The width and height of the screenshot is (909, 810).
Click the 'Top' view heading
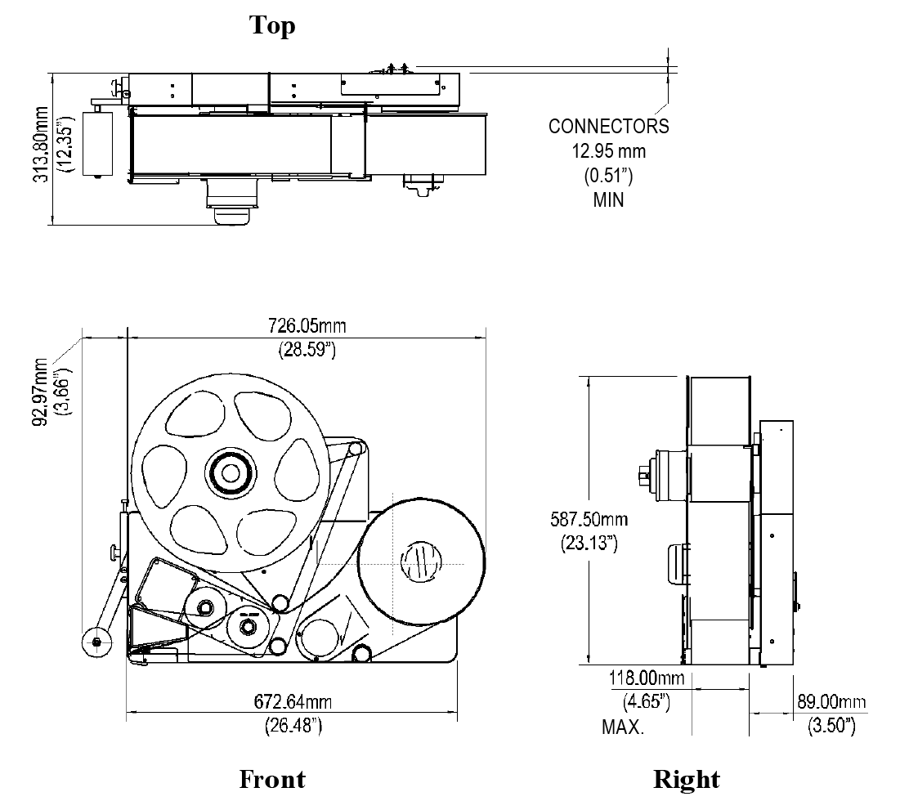[272, 25]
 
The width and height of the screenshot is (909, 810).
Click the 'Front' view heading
[272, 779]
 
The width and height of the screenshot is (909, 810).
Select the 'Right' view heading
[686, 779]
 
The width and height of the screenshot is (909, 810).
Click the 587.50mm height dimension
[594, 519]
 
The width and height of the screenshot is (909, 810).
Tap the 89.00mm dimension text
[831, 702]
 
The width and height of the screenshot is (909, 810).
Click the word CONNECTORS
[608, 127]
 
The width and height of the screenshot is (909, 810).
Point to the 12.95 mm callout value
[608, 151]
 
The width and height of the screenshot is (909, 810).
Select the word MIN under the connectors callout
[608, 199]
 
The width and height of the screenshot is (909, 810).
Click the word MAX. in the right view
[623, 726]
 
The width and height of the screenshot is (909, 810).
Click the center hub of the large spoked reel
[230, 472]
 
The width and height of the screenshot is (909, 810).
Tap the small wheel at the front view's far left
[97, 643]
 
